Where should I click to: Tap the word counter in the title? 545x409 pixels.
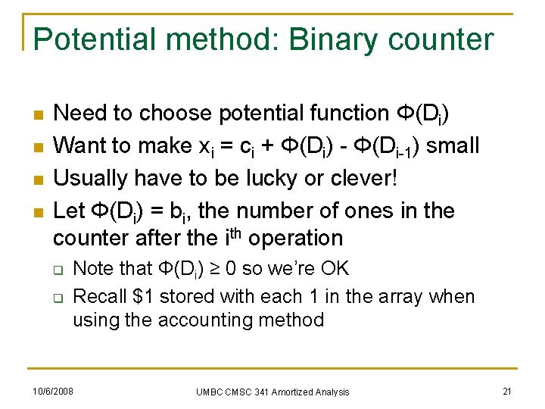(x=447, y=39)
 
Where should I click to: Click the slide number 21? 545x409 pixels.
(x=508, y=391)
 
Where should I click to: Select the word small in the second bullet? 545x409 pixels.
(x=452, y=145)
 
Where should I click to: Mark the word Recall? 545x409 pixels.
(x=101, y=296)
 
